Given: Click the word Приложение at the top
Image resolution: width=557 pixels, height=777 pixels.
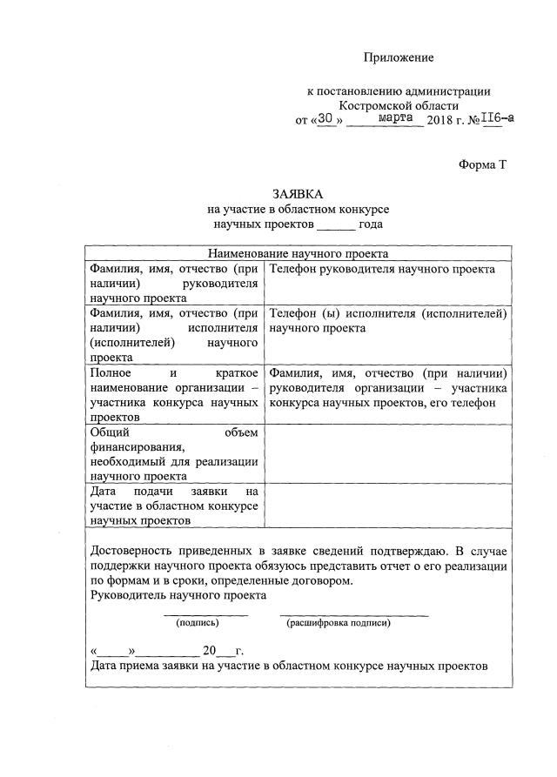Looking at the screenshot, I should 398,57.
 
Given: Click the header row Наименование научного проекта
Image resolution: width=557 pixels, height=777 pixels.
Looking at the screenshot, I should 298,254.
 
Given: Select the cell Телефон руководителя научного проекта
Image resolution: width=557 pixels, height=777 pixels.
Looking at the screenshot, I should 383,269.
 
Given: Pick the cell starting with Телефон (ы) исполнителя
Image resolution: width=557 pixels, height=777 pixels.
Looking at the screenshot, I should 388,320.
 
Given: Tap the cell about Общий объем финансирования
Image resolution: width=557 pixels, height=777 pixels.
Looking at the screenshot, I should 174,452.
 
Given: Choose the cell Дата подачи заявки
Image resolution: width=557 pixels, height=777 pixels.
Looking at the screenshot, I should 174,506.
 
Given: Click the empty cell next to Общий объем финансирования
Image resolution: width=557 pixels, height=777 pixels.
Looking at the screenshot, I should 388,452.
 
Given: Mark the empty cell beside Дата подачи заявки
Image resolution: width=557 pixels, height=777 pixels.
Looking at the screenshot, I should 388,506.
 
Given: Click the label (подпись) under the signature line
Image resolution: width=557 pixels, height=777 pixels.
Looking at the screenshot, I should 197,623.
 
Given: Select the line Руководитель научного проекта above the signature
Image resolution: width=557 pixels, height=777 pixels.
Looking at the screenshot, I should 178,595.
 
